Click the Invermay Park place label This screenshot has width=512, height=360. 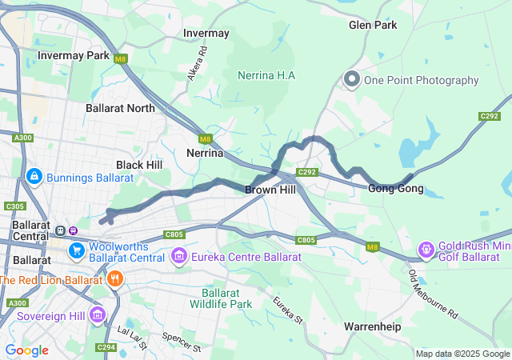[74, 56]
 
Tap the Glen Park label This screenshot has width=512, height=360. [373, 25]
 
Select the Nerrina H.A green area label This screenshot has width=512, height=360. [266, 75]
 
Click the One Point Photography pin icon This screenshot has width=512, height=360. [351, 79]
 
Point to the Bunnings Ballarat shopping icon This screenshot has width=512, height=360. [34, 176]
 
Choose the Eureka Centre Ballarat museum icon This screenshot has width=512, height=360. [178, 257]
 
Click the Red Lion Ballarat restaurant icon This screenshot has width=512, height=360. [116, 279]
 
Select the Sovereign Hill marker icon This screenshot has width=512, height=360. [98, 314]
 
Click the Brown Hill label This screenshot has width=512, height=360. [270, 190]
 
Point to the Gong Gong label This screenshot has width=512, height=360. [395, 189]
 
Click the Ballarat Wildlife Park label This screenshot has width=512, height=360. [221, 298]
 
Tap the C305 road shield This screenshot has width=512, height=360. [14, 206]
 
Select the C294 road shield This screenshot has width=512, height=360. [105, 347]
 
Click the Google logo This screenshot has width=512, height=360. [26, 350]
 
